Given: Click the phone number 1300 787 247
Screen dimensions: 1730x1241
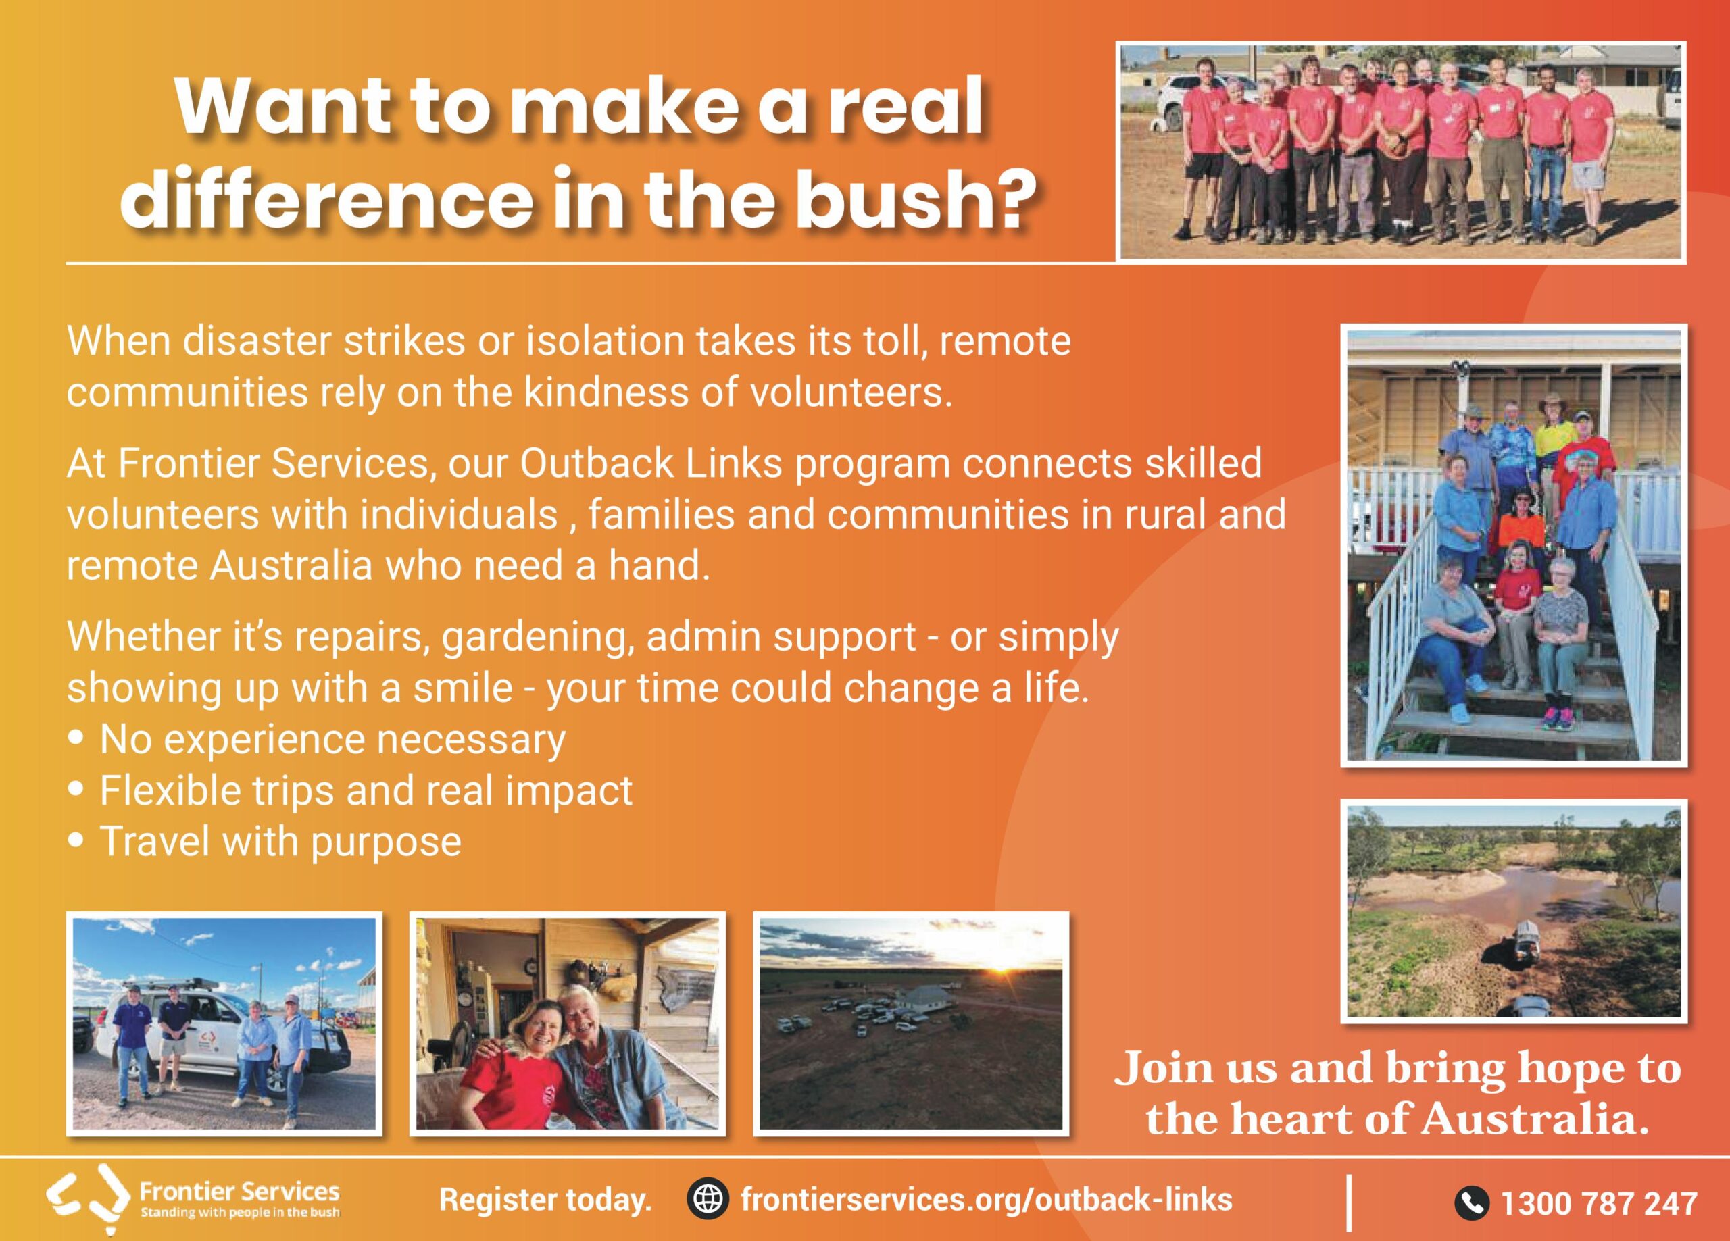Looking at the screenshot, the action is click(1598, 1204).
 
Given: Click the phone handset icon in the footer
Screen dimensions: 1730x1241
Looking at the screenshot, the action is click(1472, 1203).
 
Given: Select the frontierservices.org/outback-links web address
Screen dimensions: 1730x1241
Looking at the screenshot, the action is click(986, 1199).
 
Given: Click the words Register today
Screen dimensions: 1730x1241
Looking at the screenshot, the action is click(545, 1200).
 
